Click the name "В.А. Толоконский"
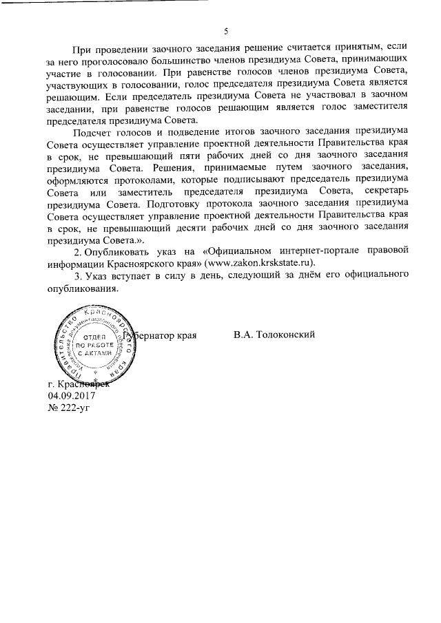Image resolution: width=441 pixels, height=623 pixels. point(274,335)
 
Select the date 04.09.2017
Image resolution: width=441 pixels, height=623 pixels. point(72,396)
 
